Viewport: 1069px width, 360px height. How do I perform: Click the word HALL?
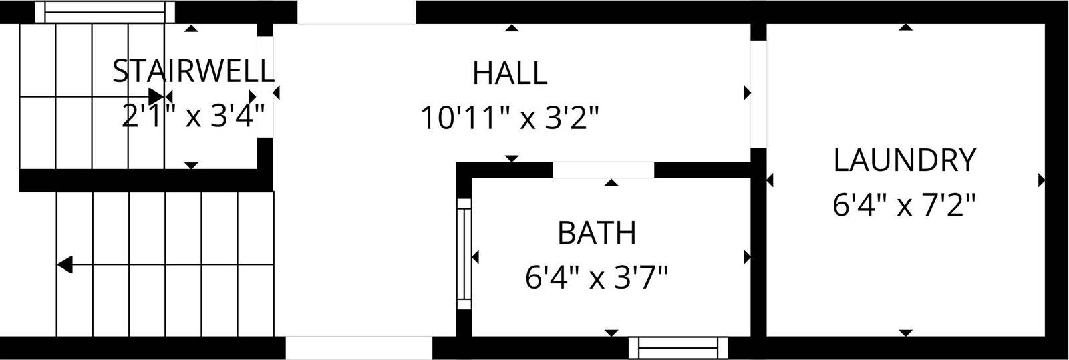tap(510, 73)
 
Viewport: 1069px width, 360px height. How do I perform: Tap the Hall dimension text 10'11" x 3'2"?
tap(509, 118)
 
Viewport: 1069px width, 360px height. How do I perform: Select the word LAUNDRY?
tap(905, 160)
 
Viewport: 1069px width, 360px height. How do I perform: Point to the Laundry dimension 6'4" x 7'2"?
tap(904, 205)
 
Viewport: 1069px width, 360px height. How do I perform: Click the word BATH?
tap(597, 232)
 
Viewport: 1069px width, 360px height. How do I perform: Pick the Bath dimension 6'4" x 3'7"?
tap(597, 277)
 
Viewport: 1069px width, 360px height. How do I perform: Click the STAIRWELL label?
tap(193, 71)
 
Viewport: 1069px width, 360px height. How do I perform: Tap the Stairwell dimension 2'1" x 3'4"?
tap(193, 116)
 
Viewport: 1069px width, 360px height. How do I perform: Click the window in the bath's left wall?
tap(464, 254)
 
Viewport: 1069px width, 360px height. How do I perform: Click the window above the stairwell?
tap(105, 11)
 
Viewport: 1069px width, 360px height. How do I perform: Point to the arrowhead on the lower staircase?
tap(65, 264)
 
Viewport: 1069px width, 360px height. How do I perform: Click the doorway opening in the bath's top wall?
tap(603, 170)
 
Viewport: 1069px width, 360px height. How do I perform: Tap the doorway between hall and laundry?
tap(758, 94)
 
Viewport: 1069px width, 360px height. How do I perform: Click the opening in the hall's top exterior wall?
tap(357, 12)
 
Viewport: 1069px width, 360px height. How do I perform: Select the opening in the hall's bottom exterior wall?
tap(359, 348)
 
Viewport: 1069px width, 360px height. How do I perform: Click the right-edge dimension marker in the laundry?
tap(1042, 180)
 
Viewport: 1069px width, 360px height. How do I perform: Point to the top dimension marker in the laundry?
tap(905, 27)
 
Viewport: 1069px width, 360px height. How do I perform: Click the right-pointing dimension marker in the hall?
tap(748, 92)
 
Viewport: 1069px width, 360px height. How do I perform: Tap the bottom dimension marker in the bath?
tap(611, 333)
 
